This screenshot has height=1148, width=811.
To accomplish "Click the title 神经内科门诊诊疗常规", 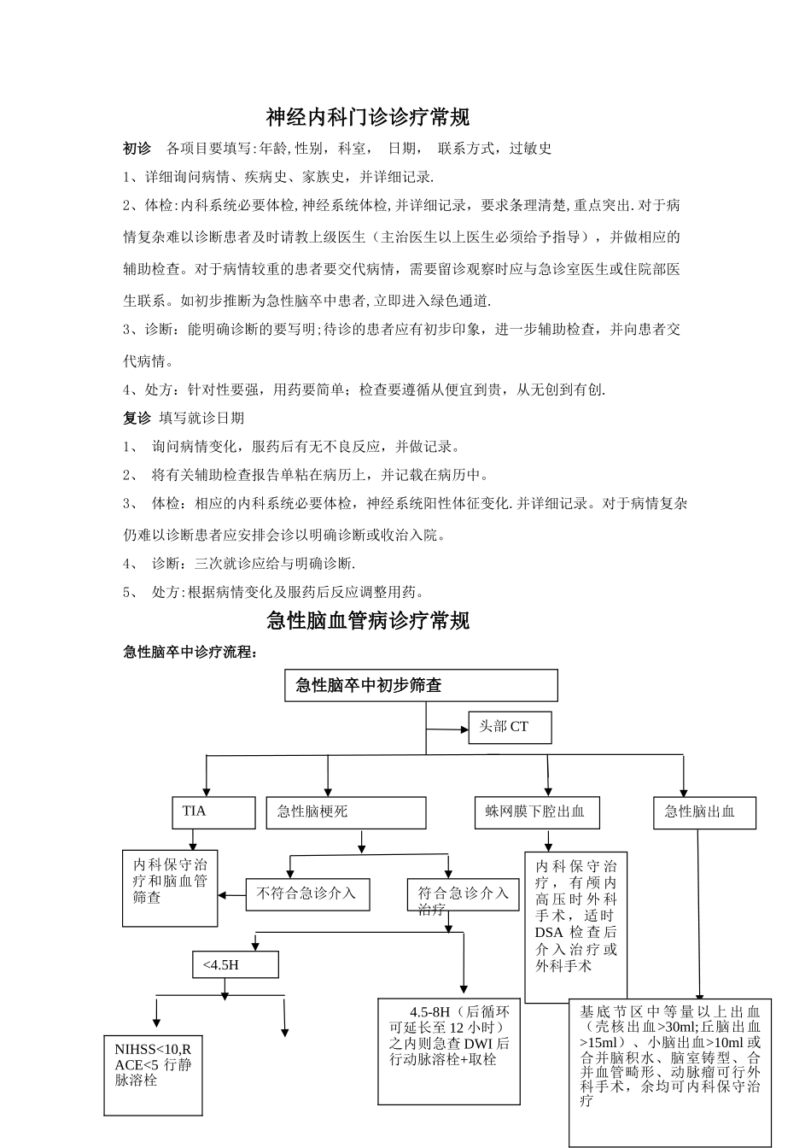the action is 368,116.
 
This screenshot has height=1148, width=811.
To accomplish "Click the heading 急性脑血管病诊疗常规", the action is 368,620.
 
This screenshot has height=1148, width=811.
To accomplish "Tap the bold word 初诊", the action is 137,149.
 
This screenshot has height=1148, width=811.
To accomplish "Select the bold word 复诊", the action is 137,418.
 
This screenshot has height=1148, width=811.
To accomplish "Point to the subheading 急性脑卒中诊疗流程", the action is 190,653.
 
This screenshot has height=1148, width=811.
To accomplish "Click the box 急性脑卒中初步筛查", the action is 421,685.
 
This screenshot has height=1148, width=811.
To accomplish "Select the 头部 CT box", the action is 510,727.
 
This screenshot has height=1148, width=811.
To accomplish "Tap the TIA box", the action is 214,812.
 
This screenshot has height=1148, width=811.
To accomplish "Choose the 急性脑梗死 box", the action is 346,812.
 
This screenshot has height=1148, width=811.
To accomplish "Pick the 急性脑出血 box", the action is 704,812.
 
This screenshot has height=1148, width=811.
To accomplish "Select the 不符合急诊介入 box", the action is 306,894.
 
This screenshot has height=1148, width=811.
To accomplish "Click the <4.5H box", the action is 235,965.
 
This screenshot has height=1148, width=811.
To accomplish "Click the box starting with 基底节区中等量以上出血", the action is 670,1072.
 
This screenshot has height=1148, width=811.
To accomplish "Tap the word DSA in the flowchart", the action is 549,932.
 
